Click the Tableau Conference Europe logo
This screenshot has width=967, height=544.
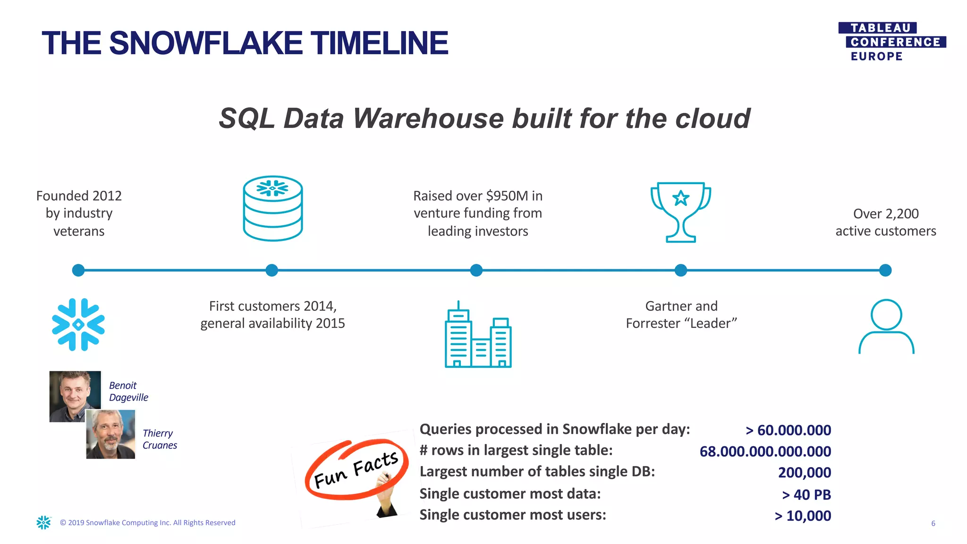(891, 42)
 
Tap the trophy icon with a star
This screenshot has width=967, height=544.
(680, 212)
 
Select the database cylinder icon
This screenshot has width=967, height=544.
(272, 208)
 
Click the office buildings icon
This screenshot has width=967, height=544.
(478, 335)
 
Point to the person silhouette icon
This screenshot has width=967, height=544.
(886, 326)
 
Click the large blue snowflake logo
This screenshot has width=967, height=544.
(78, 324)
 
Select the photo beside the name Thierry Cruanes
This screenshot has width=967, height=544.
(111, 434)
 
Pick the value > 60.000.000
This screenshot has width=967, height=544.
(788, 430)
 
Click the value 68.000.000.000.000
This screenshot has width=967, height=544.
(765, 451)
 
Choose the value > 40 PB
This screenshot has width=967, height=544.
(806, 494)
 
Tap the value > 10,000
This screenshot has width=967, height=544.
(803, 516)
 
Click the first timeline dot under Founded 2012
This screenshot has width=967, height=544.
(78, 270)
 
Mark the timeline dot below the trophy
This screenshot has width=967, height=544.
(680, 270)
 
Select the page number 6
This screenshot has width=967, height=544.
(933, 523)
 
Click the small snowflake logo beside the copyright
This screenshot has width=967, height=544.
(44, 522)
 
